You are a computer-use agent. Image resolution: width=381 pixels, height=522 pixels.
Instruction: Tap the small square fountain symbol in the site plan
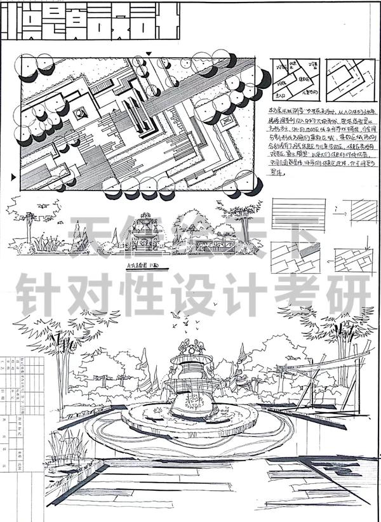click(82, 114)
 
